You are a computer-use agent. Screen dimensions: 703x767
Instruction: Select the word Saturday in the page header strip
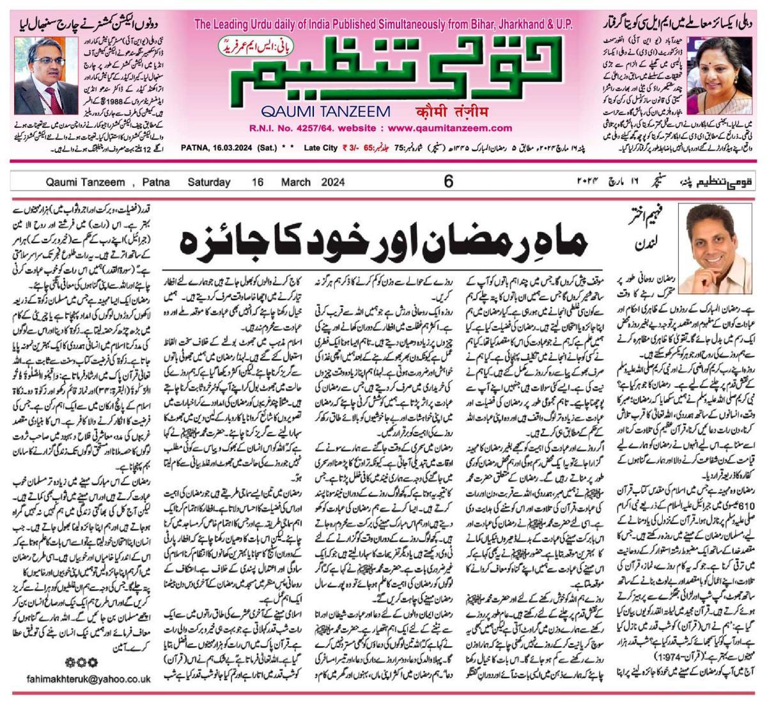point(208,182)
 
